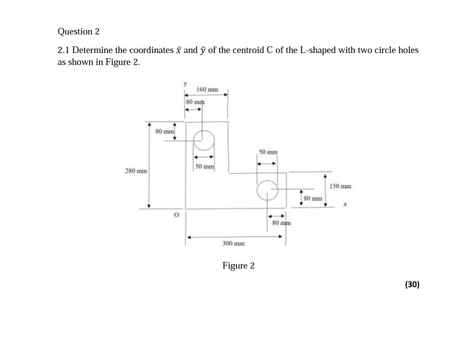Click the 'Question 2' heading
coord(78,31)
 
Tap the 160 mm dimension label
coord(207,90)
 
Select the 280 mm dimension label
coord(136,171)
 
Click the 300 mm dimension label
coord(233,243)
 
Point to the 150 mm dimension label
coord(340,186)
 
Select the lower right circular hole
coord(267,190)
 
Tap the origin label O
coord(176,215)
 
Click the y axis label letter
coord(185,83)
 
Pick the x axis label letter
coord(345,205)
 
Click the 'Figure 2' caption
coord(238,265)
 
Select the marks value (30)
coord(412,284)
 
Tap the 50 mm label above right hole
coord(268,152)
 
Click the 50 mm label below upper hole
coord(204,167)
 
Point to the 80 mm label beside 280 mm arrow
coord(164,131)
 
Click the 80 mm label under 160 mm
coord(194,102)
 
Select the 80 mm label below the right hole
coord(281,223)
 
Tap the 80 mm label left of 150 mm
coord(312,198)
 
